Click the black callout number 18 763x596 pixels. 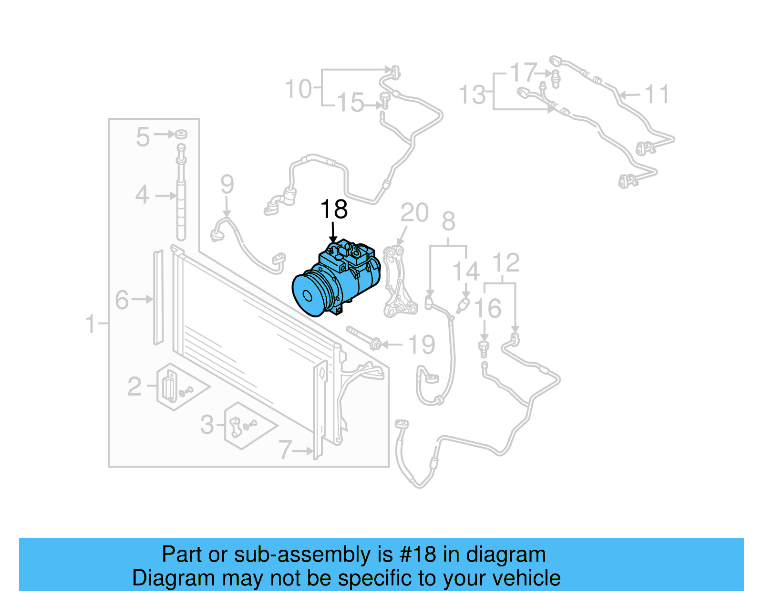tap(334, 209)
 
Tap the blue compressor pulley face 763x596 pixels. tap(306, 295)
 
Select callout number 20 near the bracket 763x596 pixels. tap(414, 213)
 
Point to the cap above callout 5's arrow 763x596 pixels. tap(181, 134)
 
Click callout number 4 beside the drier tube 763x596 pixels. tap(142, 195)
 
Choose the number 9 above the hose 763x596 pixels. tap(227, 184)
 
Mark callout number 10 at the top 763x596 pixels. tap(298, 89)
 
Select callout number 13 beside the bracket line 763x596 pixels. tap(472, 94)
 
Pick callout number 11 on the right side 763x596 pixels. tap(657, 94)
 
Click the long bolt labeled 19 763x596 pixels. tap(362, 337)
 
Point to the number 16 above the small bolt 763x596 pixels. tap(488, 308)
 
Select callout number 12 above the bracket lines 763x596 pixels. tap(505, 263)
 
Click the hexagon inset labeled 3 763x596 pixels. tap(243, 426)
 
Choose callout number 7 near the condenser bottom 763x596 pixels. tap(285, 450)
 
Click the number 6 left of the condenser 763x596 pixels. tap(122, 300)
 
